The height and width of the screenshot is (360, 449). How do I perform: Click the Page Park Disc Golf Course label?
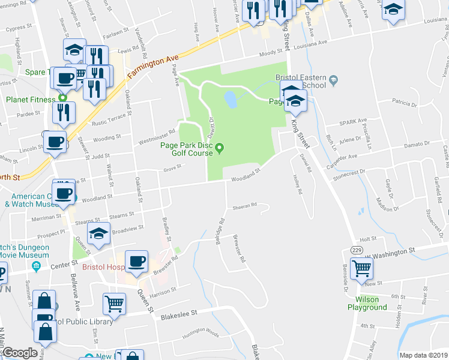(186, 148)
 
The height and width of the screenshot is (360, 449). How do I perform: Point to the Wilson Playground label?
(367, 303)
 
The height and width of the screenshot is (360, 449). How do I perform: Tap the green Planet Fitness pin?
(62, 98)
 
